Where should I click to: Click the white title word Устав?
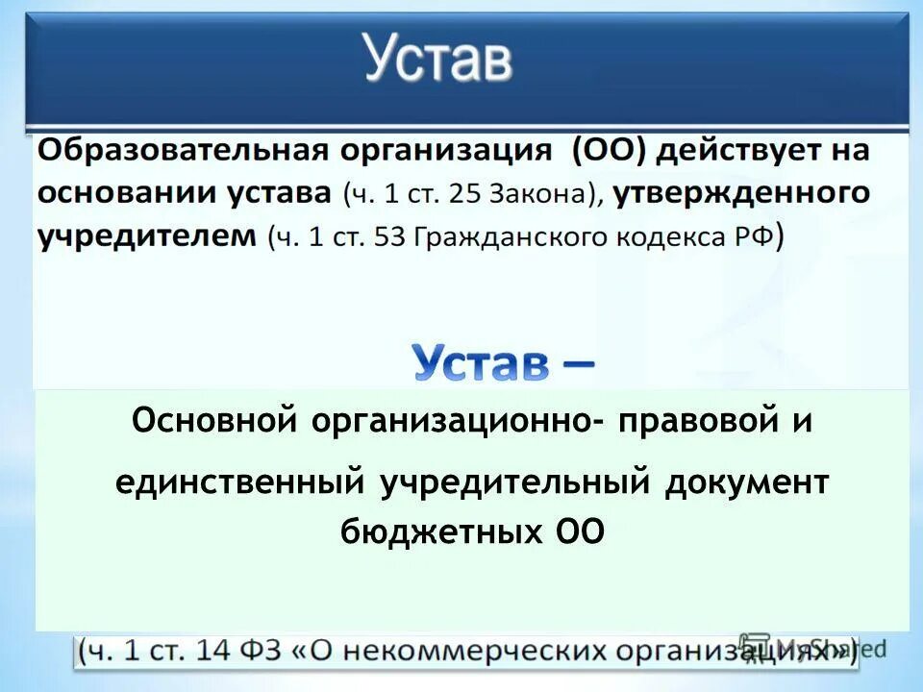(437, 60)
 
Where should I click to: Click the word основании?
(128, 193)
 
